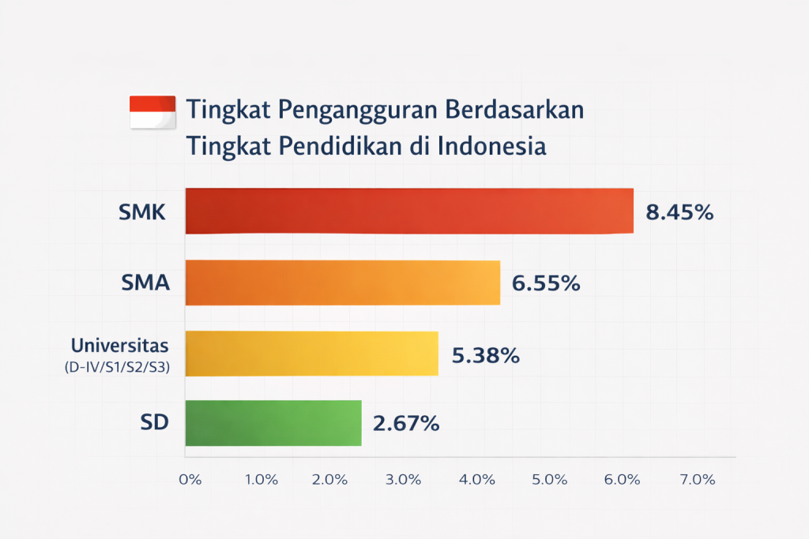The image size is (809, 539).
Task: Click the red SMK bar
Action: click(409, 211)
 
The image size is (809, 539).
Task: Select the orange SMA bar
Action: click(343, 283)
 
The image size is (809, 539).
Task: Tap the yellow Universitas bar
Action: click(311, 354)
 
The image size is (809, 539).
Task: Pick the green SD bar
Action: click(273, 423)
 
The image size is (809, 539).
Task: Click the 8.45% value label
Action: click(680, 212)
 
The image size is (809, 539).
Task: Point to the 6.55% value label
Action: click(546, 283)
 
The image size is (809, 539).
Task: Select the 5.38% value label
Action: click(485, 356)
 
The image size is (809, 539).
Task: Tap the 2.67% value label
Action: click(406, 424)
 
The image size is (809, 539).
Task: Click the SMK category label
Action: click(143, 212)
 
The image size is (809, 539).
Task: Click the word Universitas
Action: click(120, 345)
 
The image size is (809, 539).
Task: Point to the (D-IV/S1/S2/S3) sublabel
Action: click(118, 367)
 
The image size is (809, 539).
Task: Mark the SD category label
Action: click(155, 423)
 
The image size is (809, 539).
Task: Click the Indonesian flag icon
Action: click(152, 111)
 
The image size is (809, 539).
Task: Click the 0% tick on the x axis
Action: click(190, 480)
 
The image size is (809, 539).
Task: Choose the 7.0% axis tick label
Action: click(698, 480)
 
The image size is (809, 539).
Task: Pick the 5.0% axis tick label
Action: click(551, 480)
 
